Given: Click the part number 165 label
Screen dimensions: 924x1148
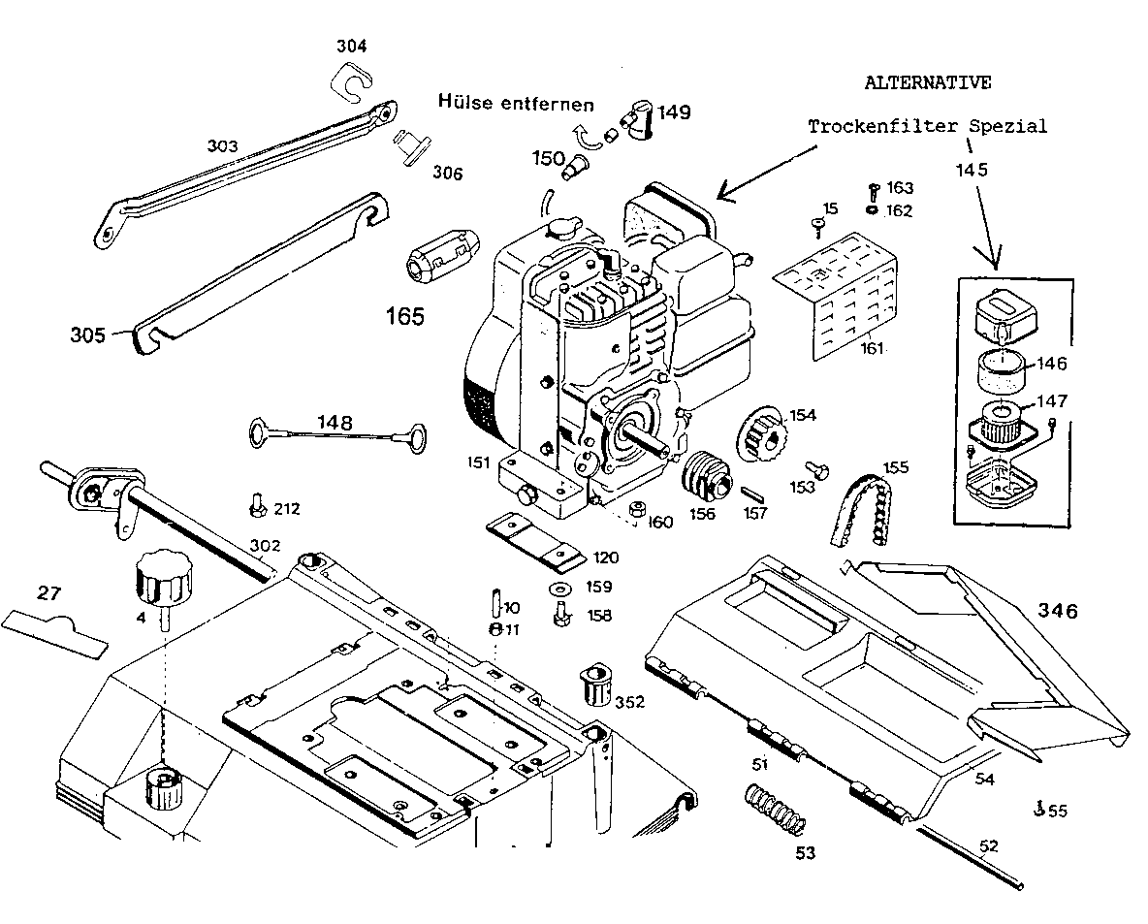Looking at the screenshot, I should [405, 316].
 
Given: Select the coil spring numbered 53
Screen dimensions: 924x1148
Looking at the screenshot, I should [775, 811].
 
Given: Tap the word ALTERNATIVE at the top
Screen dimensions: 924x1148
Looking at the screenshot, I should [927, 82].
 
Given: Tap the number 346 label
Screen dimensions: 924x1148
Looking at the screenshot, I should [1058, 611].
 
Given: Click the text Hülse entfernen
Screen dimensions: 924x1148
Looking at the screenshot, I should [515, 102].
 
